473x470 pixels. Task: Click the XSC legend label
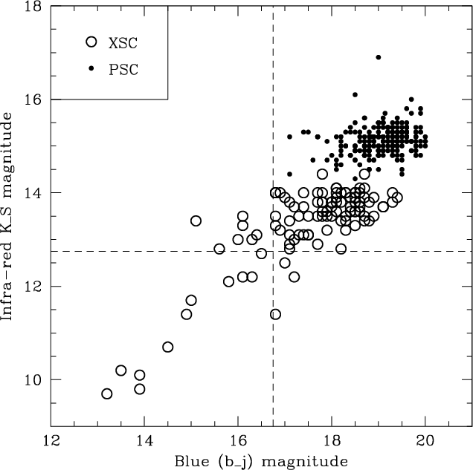tap(123, 42)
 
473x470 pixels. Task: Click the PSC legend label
tap(123, 69)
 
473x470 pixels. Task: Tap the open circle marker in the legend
tap(91, 42)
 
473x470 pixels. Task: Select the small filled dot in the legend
tap(91, 69)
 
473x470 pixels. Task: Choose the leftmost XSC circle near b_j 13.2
tap(107, 394)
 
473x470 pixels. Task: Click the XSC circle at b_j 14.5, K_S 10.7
tap(168, 347)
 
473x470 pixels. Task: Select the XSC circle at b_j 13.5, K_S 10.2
tap(121, 371)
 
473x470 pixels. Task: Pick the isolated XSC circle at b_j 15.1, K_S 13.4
tap(196, 221)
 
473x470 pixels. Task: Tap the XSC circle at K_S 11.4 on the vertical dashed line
tap(275, 314)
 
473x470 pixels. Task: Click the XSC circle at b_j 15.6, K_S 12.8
tap(219, 249)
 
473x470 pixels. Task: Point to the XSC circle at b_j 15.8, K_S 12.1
tap(229, 281)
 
